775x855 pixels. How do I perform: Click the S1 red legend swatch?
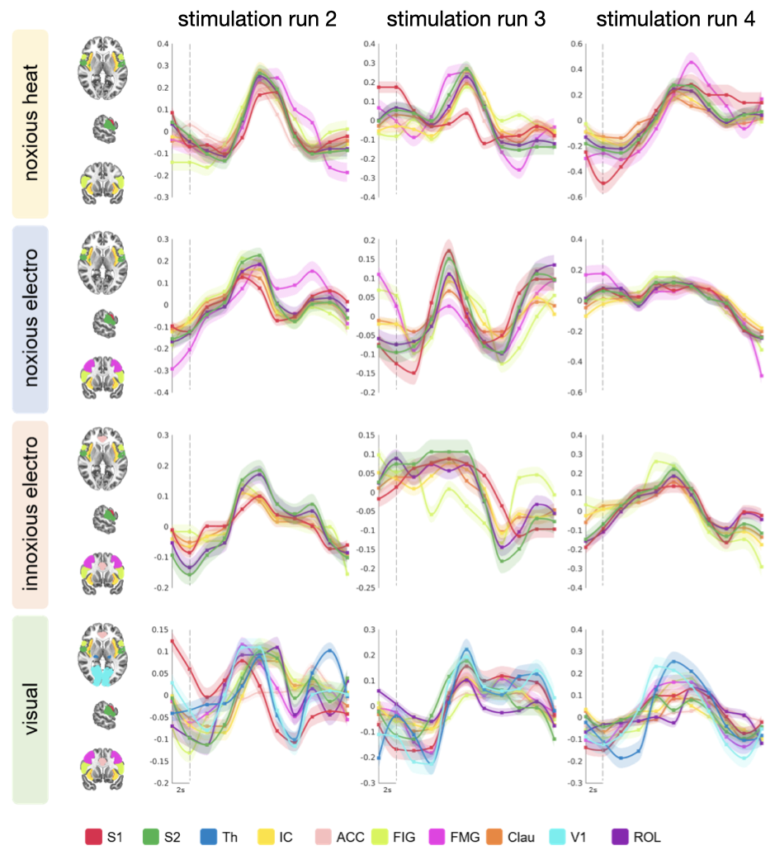[x=93, y=837]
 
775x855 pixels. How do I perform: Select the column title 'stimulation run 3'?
[x=465, y=20]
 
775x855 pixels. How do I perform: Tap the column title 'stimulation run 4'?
[x=674, y=20]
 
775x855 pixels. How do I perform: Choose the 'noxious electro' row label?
[x=31, y=318]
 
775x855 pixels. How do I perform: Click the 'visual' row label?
[x=31, y=709]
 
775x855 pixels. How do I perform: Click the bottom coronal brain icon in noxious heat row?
[x=103, y=183]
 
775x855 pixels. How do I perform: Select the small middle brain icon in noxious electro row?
[x=103, y=320]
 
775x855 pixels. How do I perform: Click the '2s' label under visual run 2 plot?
[x=181, y=791]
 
